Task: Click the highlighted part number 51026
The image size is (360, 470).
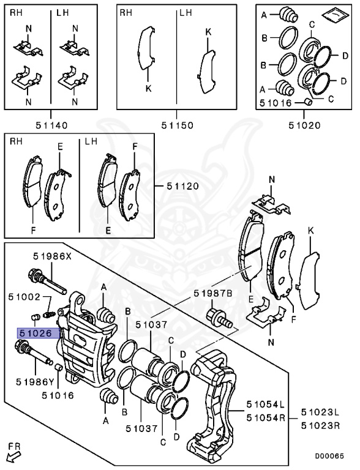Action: tap(38, 333)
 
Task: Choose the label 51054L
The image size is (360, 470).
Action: tap(266, 405)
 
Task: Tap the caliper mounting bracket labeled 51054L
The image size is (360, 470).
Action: tap(214, 398)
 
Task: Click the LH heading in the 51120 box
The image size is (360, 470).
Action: tap(91, 141)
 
